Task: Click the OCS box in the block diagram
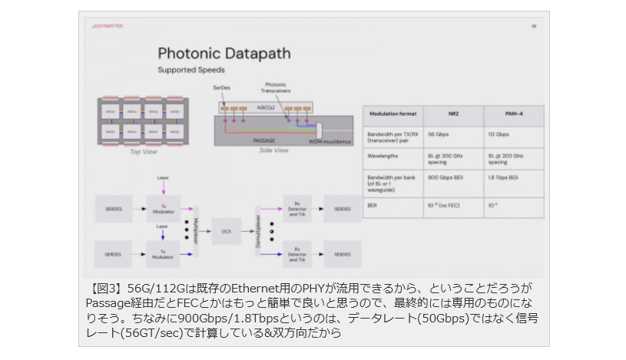click(226, 230)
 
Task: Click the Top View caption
click(144, 153)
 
